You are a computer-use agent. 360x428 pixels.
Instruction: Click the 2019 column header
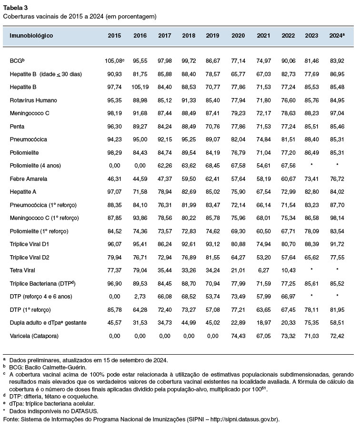(x=212, y=36)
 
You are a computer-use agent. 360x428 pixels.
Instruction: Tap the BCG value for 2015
(x=114, y=61)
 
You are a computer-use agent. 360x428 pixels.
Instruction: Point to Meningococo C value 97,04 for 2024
(x=337, y=114)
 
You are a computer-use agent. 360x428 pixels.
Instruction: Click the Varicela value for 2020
(x=238, y=336)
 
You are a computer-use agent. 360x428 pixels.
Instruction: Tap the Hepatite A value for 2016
(x=140, y=192)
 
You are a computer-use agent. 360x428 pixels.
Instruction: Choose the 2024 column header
(x=337, y=36)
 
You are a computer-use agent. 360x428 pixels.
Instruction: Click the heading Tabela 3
(x=15, y=7)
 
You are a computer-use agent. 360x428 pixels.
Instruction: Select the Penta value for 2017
(x=165, y=127)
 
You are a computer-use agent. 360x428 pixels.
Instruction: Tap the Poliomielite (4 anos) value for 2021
(x=263, y=166)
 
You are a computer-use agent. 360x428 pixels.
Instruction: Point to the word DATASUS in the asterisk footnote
(x=85, y=411)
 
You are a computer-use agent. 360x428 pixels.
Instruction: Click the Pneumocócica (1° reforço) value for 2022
(x=288, y=205)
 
